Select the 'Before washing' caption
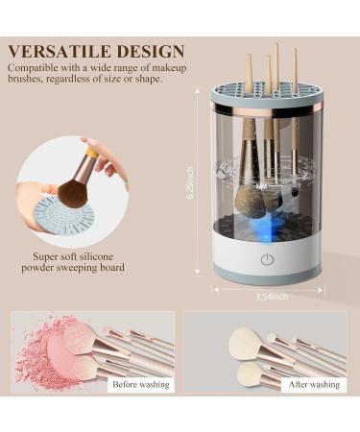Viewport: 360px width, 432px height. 140,384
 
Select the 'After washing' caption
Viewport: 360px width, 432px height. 312,384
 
